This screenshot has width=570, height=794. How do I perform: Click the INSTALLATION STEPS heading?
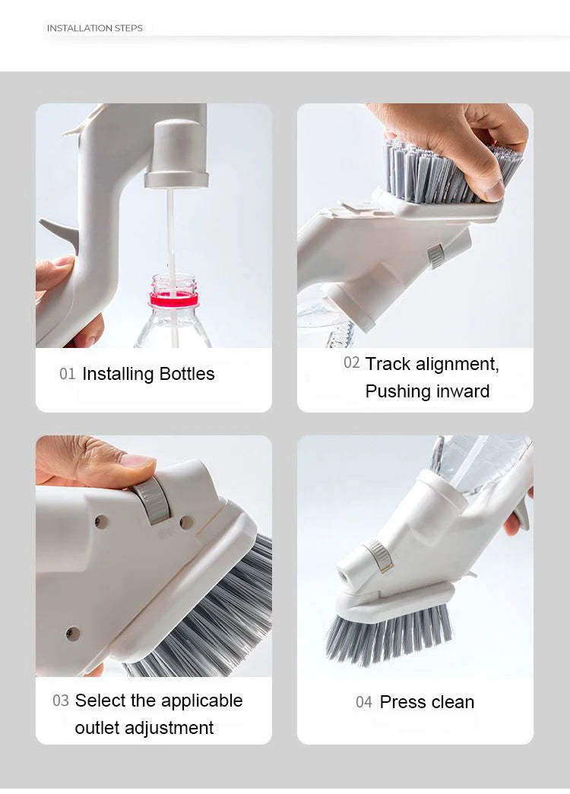tap(94, 28)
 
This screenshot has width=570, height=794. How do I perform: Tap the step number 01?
tap(68, 374)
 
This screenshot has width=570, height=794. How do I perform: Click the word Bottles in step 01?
tap(187, 374)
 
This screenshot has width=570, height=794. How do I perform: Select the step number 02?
tap(351, 363)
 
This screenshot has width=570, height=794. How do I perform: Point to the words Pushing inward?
tap(427, 391)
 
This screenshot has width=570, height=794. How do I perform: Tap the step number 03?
tap(61, 701)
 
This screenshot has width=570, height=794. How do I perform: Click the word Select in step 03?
tap(100, 701)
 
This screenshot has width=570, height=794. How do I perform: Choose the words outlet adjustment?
tap(144, 728)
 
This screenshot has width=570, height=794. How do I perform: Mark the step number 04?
tap(364, 702)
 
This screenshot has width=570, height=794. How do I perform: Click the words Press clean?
tap(426, 702)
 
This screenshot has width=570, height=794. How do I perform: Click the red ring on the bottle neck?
tap(174, 299)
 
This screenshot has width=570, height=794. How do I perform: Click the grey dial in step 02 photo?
tap(436, 256)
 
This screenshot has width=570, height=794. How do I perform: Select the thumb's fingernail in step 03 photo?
tap(138, 461)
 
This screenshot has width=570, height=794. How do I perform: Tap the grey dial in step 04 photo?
tap(380, 555)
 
